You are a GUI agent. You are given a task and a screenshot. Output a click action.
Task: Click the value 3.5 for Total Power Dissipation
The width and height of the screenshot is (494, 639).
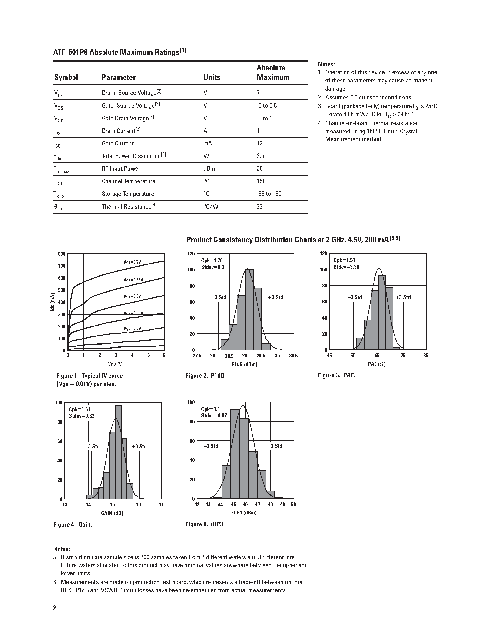260,156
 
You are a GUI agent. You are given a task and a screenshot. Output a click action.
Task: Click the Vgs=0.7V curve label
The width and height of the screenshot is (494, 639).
132,262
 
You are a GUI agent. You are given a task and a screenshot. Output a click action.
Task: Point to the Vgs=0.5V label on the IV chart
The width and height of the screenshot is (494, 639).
132,329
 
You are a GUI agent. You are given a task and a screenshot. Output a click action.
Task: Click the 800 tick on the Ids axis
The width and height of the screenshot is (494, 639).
62,254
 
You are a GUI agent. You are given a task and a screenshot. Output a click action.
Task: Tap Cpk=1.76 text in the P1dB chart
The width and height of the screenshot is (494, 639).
212,260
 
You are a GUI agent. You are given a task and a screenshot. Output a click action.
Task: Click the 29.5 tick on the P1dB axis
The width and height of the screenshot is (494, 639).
261,356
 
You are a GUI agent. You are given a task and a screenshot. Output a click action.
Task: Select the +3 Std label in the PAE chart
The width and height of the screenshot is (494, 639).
403,297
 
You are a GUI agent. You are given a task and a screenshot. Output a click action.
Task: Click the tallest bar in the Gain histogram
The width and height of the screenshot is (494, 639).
118,452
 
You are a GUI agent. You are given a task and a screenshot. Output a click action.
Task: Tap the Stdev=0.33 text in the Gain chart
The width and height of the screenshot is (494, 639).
82,416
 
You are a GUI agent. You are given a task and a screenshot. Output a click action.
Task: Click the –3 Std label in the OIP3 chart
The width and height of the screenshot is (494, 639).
211,446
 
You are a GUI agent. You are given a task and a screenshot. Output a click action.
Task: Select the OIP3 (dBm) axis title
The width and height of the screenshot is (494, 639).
244,513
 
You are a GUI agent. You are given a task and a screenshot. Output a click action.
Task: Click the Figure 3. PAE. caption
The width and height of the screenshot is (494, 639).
337,375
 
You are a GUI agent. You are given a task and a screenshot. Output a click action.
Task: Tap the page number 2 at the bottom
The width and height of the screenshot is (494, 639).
54,608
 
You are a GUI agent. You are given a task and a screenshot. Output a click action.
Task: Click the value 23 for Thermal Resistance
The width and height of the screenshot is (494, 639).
260,207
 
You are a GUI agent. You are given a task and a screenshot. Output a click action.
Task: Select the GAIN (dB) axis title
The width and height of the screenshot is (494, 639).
112,513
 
